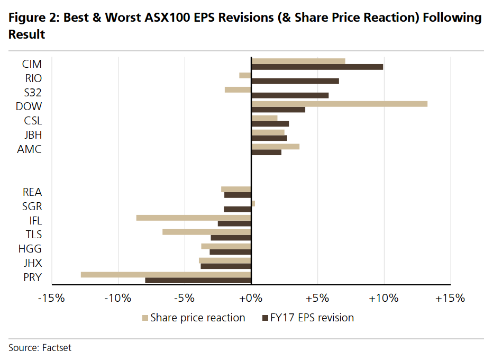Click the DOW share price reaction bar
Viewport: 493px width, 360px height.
point(339,104)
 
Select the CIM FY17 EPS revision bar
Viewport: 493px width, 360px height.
point(317,67)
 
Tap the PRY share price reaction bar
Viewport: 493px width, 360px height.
point(166,274)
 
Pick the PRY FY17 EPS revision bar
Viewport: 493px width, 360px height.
point(198,280)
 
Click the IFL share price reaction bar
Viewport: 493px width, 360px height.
point(194,218)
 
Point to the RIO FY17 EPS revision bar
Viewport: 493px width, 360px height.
point(295,81)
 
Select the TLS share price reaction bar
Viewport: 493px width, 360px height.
point(206,232)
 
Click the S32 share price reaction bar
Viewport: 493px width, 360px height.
point(238,89)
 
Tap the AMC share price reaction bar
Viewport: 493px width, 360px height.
point(275,146)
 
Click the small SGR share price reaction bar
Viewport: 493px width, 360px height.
point(253,203)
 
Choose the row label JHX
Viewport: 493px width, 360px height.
point(32,263)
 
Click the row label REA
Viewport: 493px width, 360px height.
point(32,192)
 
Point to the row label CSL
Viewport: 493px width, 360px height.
point(33,121)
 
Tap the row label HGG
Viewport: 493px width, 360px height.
point(30,249)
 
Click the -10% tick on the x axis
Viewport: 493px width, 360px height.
point(118,298)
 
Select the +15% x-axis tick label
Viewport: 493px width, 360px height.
point(450,298)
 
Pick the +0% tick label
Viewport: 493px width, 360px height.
point(251,298)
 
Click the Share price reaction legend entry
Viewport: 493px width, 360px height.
point(197,318)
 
